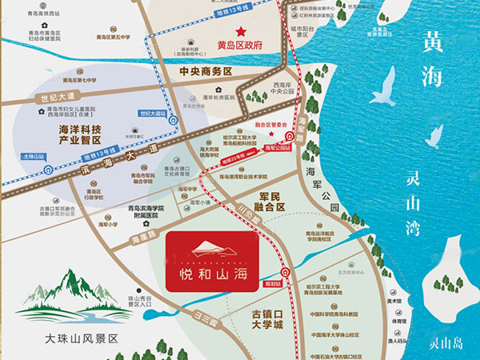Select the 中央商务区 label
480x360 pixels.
tap(206, 71)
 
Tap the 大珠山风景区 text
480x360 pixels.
tap(82, 338)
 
